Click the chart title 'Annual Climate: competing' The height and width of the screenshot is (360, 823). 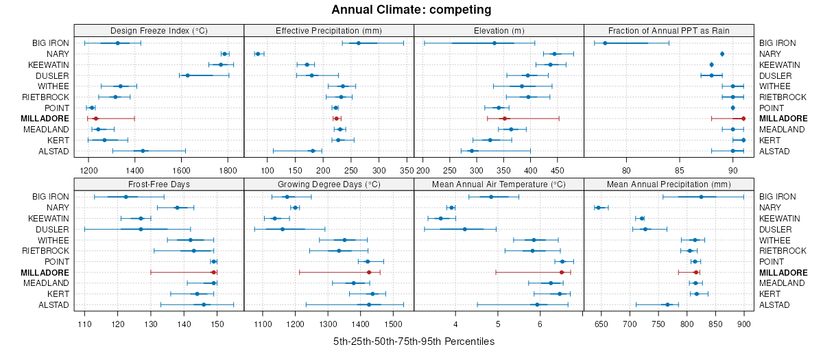pyautogui.click(x=411, y=10)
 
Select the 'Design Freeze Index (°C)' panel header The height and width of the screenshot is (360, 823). pyautogui.click(x=158, y=30)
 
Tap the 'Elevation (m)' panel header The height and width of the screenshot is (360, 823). pyautogui.click(x=499, y=30)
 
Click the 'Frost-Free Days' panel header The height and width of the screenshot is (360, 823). pyautogui.click(x=158, y=184)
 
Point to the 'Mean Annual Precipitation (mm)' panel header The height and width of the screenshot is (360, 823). pyautogui.click(x=669, y=184)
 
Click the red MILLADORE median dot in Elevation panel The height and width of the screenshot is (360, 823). pyautogui.click(x=504, y=119)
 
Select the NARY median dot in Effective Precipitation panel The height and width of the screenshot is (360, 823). pyautogui.click(x=257, y=53)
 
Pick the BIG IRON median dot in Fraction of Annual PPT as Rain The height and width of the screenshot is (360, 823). pyautogui.click(x=605, y=43)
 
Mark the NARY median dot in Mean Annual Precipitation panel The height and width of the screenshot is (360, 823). pyautogui.click(x=598, y=207)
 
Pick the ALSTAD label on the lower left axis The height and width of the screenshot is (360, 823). pyautogui.click(x=53, y=304)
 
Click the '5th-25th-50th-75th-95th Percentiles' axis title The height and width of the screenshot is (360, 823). pyautogui.click(x=414, y=341)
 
